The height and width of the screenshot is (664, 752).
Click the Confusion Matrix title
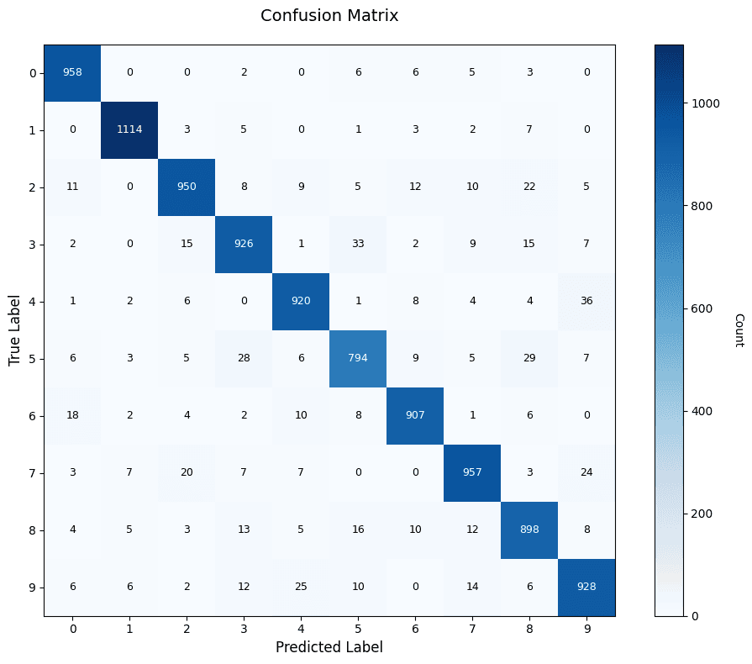(329, 15)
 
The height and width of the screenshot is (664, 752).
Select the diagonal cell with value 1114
(129, 129)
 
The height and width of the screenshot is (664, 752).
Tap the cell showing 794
(358, 358)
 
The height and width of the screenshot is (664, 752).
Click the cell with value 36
(586, 301)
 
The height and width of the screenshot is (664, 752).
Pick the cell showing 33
(358, 244)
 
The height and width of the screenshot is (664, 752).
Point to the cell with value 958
(72, 72)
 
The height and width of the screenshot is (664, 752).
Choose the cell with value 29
(529, 358)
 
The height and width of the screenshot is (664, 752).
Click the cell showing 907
(415, 415)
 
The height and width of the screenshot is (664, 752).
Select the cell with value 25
(301, 587)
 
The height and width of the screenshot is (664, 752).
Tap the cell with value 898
(529, 530)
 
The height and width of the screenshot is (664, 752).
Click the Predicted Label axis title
(329, 647)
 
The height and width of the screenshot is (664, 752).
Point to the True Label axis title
(14, 329)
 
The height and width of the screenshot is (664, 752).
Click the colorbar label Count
(739, 329)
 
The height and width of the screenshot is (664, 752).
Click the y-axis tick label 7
(32, 472)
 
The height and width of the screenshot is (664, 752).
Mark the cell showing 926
(244, 244)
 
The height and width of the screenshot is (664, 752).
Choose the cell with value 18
(72, 415)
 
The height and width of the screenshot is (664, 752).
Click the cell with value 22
(529, 187)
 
